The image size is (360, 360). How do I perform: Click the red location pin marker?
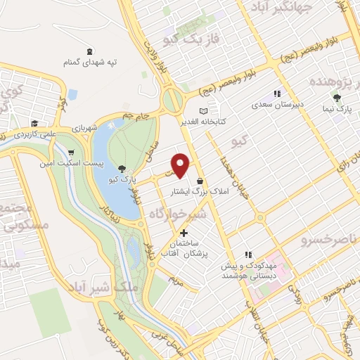tap(181, 165)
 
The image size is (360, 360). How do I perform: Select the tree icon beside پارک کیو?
tap(124, 168)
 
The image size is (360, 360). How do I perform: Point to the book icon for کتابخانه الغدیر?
tap(204, 111)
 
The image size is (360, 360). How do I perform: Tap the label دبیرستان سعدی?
tap(278, 105)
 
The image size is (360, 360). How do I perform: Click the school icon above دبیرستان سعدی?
tap(277, 94)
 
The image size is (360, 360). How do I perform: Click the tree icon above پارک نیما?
tap(337, 98)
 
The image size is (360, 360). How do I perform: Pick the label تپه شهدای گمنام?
tap(89, 63)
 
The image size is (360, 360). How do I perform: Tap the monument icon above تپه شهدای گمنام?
tap(89, 51)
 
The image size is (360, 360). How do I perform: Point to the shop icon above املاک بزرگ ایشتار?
tap(200, 181)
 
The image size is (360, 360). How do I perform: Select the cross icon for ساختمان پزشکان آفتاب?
tap(184, 233)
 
